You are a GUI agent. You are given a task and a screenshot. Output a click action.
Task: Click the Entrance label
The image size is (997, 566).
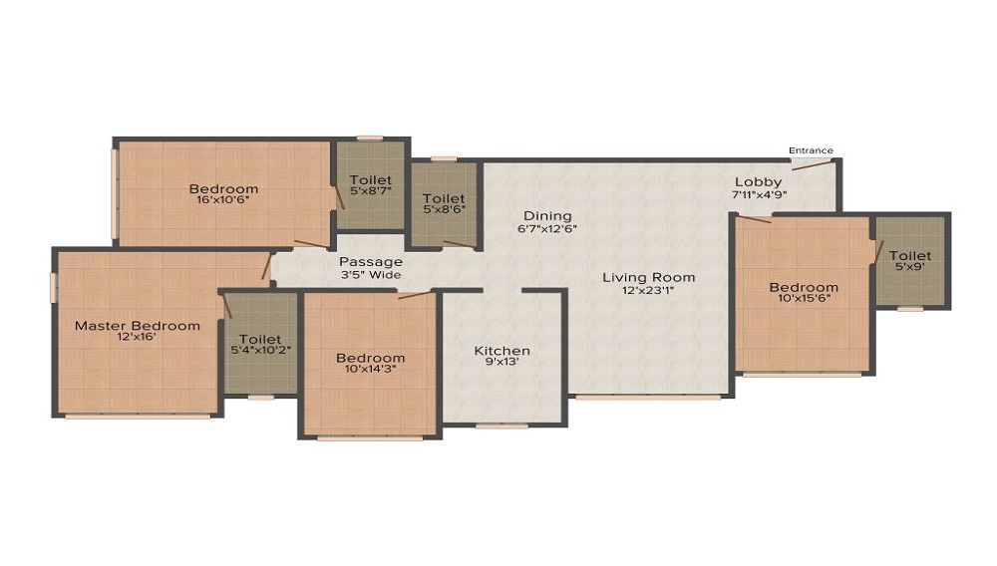coord(811,150)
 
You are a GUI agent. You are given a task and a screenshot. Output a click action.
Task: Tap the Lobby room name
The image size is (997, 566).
coord(758,182)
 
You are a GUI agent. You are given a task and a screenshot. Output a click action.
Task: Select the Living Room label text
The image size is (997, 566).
coord(649,278)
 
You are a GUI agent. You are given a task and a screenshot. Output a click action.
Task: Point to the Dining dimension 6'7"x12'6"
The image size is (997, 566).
coord(547,228)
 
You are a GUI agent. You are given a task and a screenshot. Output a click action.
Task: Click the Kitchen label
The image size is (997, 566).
coord(502,351)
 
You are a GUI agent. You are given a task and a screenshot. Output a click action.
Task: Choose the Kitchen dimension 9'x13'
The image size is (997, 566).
coord(501,362)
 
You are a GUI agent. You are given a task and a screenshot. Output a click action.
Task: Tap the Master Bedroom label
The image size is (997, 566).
coord(138,326)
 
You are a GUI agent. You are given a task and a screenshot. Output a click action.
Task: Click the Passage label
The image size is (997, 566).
coord(371,262)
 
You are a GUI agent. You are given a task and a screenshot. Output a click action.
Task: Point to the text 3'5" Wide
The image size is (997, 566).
coord(371,275)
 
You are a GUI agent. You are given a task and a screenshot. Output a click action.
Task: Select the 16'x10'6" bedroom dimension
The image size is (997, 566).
coord(223,199)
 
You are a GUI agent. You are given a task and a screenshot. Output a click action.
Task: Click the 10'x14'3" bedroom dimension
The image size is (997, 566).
coord(371,369)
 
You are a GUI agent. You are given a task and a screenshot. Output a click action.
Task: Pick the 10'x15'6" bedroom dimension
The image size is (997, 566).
coord(804,298)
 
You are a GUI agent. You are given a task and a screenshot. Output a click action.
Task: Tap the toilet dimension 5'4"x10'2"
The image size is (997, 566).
coord(260,350)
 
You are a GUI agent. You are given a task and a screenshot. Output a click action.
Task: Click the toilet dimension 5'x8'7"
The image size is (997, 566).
coord(371,190)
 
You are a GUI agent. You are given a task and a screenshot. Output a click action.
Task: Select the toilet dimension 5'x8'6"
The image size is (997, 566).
coord(444,209)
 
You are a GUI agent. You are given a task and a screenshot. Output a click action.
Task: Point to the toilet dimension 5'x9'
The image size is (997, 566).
coord(910,267)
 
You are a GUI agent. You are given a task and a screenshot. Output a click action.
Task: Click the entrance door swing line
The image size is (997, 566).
coord(812,165)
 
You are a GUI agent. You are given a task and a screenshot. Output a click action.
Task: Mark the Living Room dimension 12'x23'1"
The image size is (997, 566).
coord(649,290)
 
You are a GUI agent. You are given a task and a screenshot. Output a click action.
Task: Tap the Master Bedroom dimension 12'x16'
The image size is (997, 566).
coord(137,337)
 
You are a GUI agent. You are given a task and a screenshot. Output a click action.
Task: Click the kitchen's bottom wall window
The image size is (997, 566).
coord(501,426)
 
